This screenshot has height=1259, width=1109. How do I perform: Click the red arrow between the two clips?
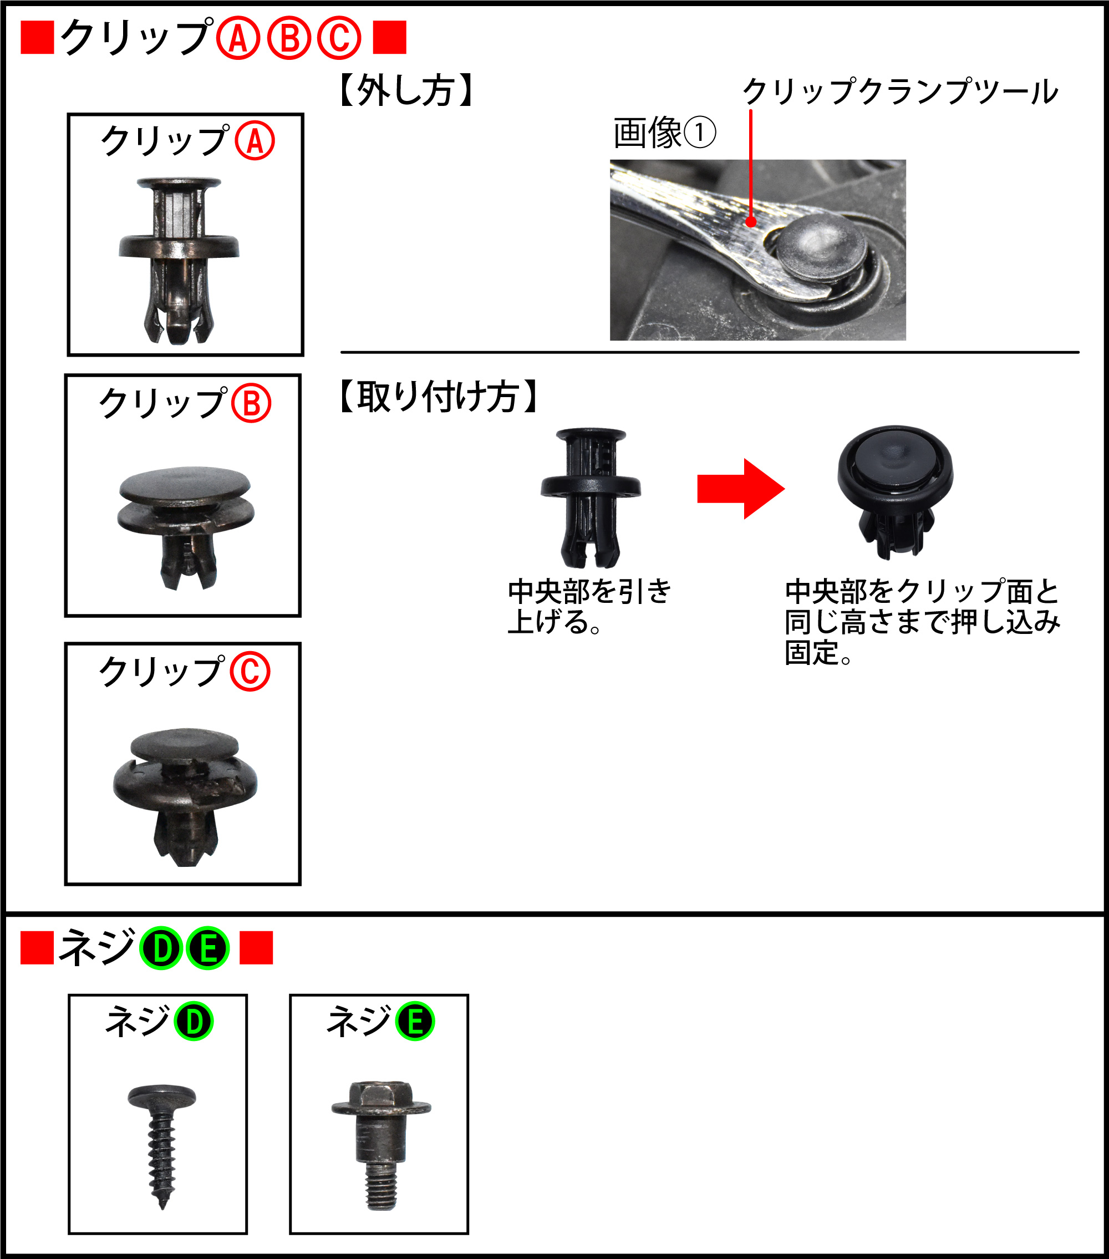pyautogui.click(x=740, y=489)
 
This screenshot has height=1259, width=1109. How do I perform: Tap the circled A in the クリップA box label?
pyautogui.click(x=255, y=141)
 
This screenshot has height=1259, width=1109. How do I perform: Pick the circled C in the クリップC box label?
pyautogui.click(x=250, y=672)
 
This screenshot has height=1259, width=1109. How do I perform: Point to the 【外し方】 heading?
pyautogui.click(x=406, y=91)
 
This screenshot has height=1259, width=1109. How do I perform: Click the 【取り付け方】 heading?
pyautogui.click(x=439, y=396)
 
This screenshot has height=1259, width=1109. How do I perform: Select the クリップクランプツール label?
pyautogui.click(x=901, y=92)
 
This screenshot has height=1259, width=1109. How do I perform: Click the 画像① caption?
pyautogui.click(x=664, y=133)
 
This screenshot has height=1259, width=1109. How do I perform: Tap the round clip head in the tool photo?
pyautogui.click(x=820, y=245)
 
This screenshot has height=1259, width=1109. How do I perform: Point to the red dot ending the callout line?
pyautogui.click(x=751, y=222)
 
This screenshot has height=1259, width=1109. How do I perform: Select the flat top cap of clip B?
pyautogui.click(x=185, y=484)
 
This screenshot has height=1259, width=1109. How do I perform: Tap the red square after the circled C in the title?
pyautogui.click(x=389, y=38)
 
